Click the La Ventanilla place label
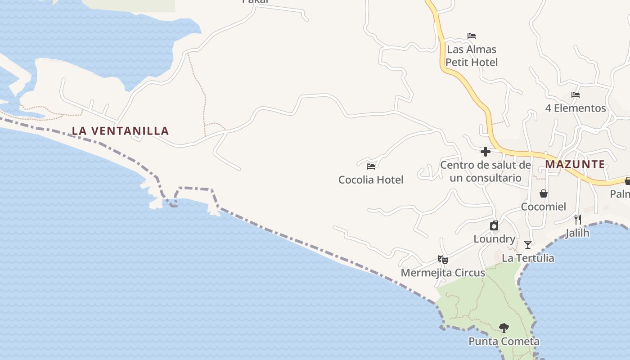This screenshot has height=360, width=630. point(121,131)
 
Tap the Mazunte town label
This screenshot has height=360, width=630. point(575,164)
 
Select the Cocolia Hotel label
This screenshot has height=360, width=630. point(371,180)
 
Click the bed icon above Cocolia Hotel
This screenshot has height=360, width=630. point(371,166)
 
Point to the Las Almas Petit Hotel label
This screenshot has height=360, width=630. point(472,56)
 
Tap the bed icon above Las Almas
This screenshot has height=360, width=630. point(472,36)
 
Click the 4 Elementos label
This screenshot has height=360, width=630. point(576,108)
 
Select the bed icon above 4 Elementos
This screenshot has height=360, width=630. point(576,95)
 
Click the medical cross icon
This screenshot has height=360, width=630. point(486,152)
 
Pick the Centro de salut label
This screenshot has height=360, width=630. point(486,171)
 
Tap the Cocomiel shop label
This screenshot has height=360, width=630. point(544,207)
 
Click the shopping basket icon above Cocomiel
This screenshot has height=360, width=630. point(544,193)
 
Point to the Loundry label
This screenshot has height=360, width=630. point(494,239)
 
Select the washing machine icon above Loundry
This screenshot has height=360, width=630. point(494,225)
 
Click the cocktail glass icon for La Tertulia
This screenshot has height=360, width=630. point(528,245)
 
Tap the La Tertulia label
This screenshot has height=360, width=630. point(528,258)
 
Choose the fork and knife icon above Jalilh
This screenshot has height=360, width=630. point(578,220)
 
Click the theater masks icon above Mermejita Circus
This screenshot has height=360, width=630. point(443,260)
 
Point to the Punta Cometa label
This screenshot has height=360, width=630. point(504,342)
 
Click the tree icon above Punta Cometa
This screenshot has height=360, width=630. point(504,328)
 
